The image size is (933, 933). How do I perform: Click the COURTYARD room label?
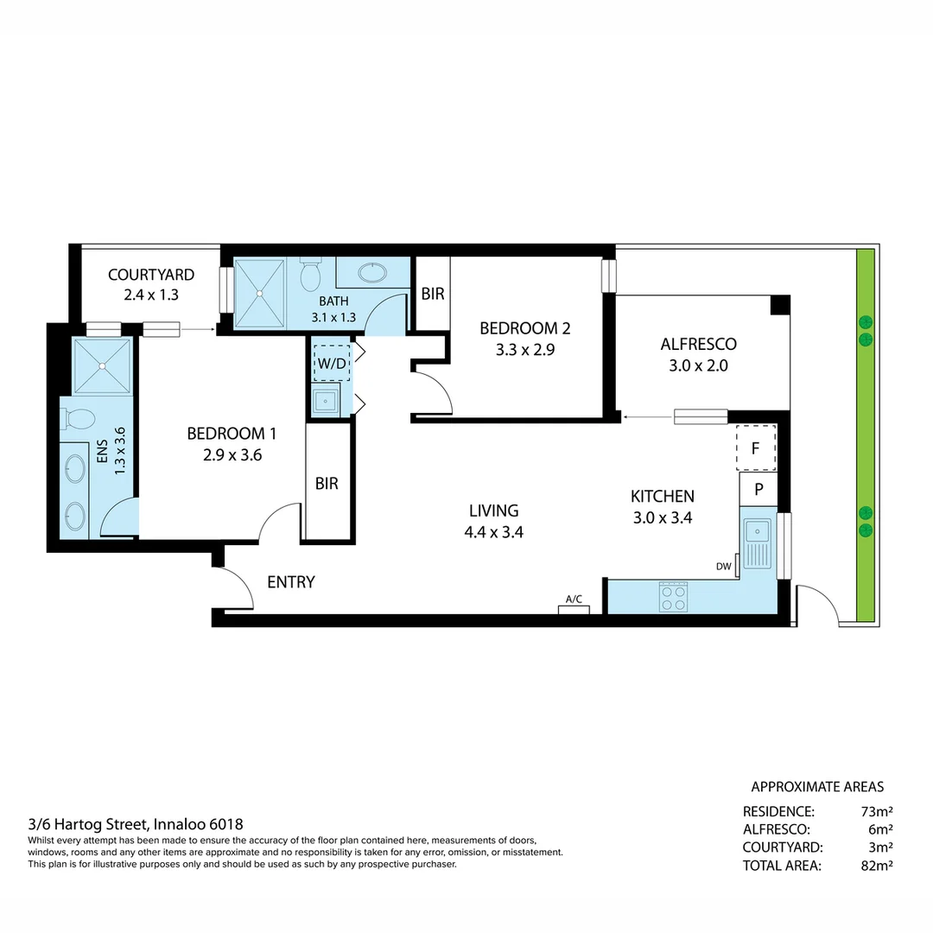click(x=151, y=275)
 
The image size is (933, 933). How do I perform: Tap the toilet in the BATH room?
click(x=310, y=276)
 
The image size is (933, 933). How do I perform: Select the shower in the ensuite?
click(x=102, y=366)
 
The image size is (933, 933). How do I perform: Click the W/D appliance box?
click(x=332, y=364)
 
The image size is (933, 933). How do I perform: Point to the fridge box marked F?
click(x=756, y=448)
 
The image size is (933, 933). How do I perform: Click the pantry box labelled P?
click(x=758, y=488)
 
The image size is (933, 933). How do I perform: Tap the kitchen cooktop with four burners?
click(x=673, y=596)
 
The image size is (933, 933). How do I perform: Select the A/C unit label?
click(x=574, y=599)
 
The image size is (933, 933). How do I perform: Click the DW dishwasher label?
click(x=723, y=567)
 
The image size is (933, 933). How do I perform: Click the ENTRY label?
click(x=291, y=582)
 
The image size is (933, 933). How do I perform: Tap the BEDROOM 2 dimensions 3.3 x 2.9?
click(x=525, y=351)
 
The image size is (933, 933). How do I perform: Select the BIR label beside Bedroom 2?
click(x=433, y=294)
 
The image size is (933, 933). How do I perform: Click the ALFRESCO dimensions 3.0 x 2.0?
click(x=698, y=365)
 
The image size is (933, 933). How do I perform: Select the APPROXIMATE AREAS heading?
click(x=817, y=787)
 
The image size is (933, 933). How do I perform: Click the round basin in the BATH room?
click(x=373, y=273)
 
